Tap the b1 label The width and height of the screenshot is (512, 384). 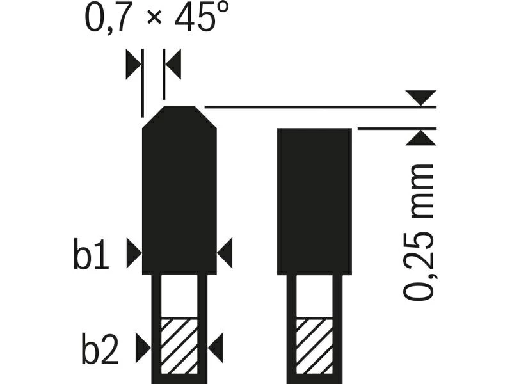click(91, 253)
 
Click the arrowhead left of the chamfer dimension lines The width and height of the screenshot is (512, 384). click(133, 64)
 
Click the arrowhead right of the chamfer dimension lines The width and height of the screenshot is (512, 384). click(173, 64)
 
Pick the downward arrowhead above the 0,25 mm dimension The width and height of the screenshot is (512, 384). click(421, 98)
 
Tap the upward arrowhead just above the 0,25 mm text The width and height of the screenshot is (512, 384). click(421, 138)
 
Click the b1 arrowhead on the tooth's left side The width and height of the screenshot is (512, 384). click(134, 253)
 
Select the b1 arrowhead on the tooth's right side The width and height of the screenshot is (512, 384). click(225, 253)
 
